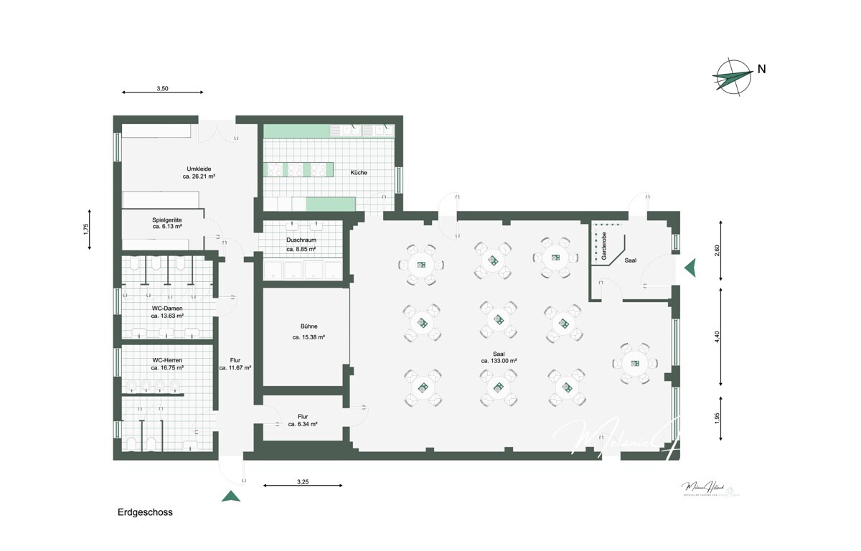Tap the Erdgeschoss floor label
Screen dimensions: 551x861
pyautogui.click(x=145, y=513)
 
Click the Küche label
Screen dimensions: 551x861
pyautogui.click(x=359, y=173)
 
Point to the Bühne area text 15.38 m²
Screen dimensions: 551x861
pyautogui.click(x=309, y=336)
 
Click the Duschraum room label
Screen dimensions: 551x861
pyautogui.click(x=301, y=240)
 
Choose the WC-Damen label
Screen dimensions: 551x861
pyautogui.click(x=166, y=308)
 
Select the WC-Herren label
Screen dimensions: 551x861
pyautogui.click(x=166, y=359)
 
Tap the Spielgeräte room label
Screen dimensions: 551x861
pyautogui.click(x=166, y=220)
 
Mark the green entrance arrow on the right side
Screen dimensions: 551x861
pyautogui.click(x=690, y=268)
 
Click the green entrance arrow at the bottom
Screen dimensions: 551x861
pyautogui.click(x=230, y=496)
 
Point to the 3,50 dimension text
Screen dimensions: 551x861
pyautogui.click(x=163, y=89)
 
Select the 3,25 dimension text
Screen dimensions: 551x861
pyautogui.click(x=302, y=482)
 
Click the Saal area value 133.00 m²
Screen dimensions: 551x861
pyautogui.click(x=499, y=361)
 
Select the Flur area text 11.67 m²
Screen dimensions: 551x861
pyautogui.click(x=235, y=367)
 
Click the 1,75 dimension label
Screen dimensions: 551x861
pyautogui.click(x=85, y=230)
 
